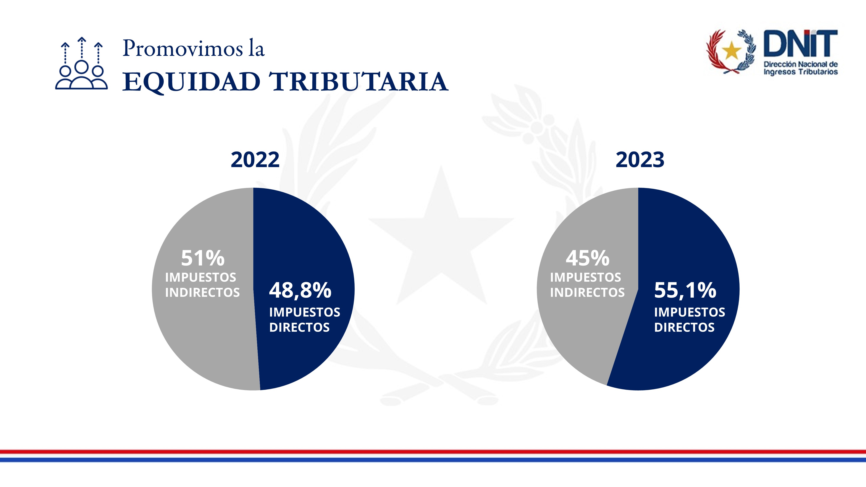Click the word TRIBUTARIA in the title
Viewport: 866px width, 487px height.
(x=359, y=82)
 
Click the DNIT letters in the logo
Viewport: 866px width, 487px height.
(x=800, y=44)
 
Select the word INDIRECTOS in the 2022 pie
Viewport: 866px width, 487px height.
(x=202, y=293)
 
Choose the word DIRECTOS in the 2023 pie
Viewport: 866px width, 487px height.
(x=684, y=327)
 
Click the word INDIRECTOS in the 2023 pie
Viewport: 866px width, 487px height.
(x=587, y=293)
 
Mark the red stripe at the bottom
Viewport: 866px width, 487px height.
(x=433, y=452)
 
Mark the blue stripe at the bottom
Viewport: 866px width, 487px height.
(x=433, y=460)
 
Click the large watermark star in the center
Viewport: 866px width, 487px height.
(x=441, y=235)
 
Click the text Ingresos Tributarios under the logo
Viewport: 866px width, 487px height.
(x=800, y=72)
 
